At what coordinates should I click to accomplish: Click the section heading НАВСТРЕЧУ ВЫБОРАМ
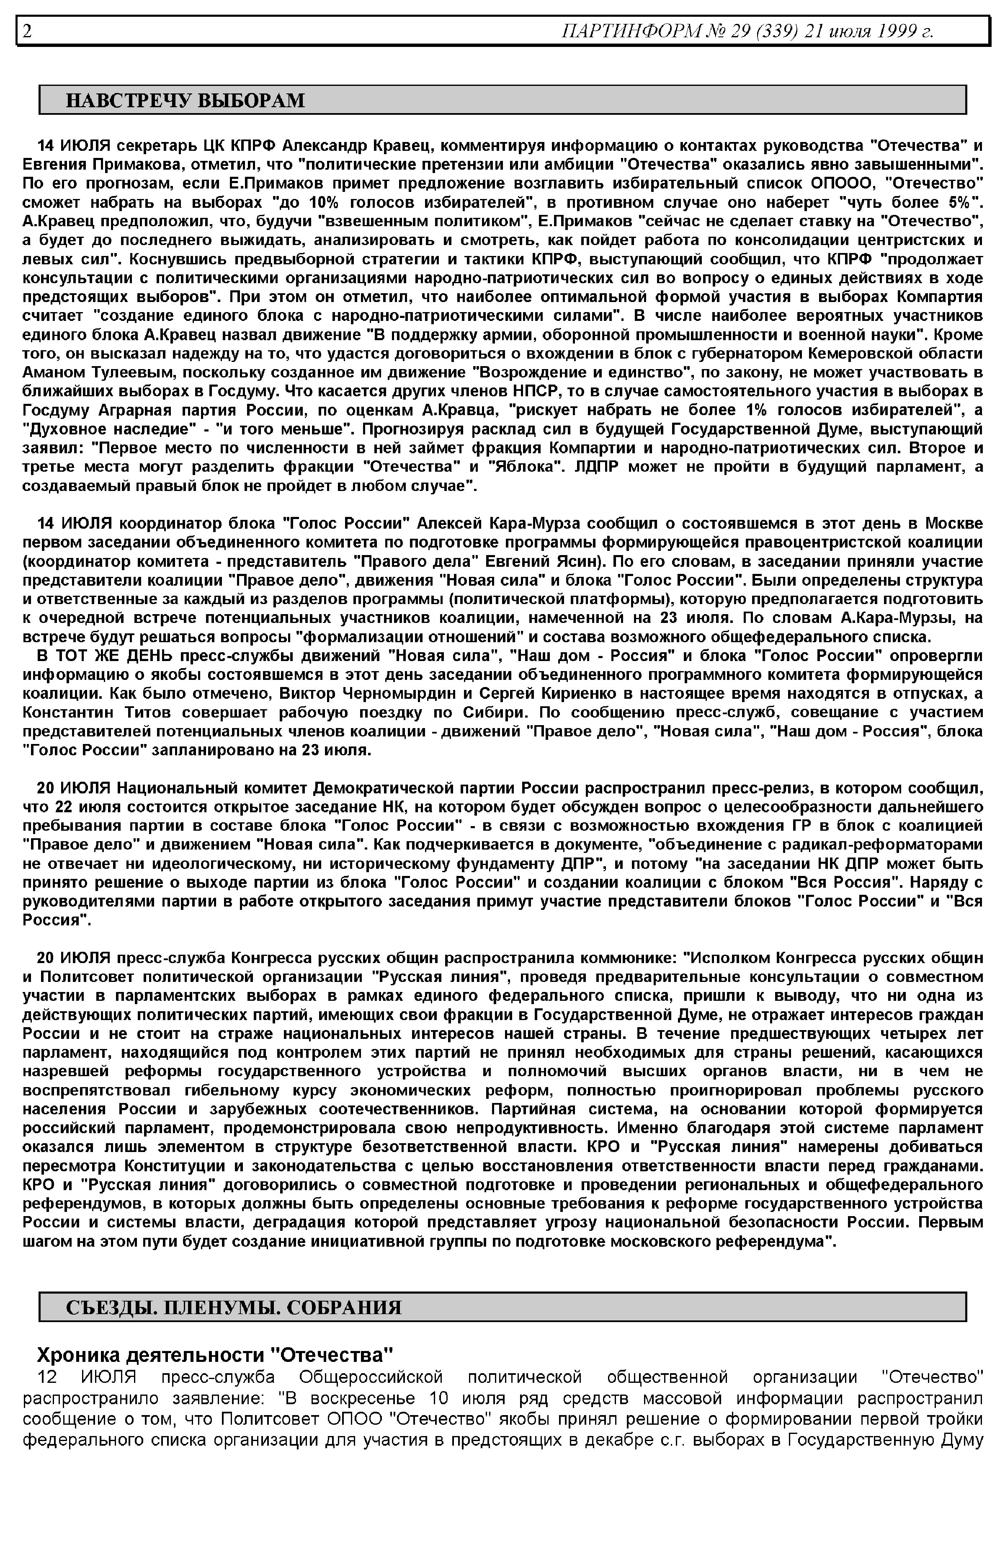[x=186, y=101]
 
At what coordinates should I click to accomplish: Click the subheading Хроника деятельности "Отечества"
[x=215, y=1355]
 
